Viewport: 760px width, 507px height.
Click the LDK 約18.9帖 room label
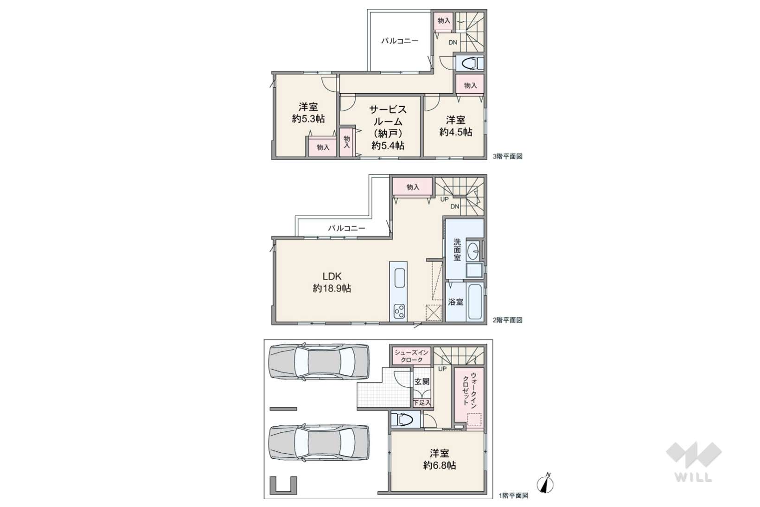(x=332, y=282)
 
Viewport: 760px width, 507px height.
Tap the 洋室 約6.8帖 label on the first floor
(x=440, y=459)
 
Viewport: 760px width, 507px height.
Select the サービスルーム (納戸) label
(x=388, y=127)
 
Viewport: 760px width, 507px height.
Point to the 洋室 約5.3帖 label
(x=308, y=113)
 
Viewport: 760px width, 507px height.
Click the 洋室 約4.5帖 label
(x=456, y=126)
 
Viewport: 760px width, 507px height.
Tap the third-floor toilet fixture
(x=470, y=63)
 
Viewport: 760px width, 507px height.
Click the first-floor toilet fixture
(x=405, y=419)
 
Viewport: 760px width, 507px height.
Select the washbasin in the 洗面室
(x=473, y=251)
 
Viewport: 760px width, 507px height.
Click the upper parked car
(x=319, y=362)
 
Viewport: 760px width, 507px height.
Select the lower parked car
(x=319, y=443)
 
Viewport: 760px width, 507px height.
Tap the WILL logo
(x=694, y=462)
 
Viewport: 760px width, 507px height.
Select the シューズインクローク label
(x=412, y=356)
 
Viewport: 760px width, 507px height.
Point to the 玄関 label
(x=422, y=381)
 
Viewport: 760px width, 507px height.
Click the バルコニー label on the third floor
(x=400, y=41)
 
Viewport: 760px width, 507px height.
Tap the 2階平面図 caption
(x=507, y=320)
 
